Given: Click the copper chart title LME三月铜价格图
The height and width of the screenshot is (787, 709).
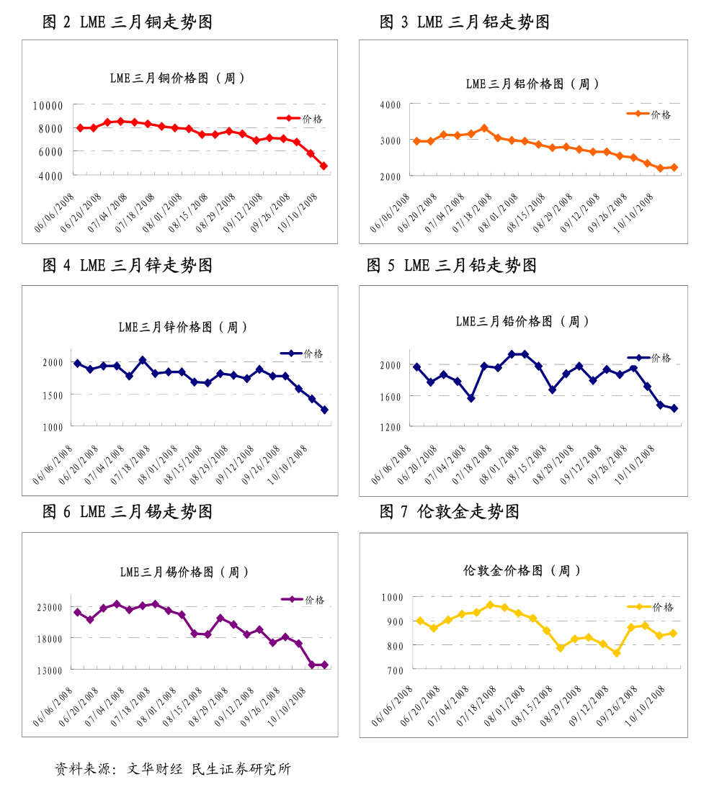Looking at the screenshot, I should (177, 78).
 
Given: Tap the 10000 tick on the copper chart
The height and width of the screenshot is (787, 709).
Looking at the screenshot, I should (48, 105).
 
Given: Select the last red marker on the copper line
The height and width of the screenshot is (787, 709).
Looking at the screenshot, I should (324, 166).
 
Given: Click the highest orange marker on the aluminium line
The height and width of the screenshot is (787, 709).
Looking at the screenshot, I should (484, 128).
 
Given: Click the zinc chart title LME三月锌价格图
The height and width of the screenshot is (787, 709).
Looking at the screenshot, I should (183, 327).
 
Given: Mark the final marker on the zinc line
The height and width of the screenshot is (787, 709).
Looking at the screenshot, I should (324, 410).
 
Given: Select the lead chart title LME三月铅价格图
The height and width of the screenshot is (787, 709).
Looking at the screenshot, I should (522, 321).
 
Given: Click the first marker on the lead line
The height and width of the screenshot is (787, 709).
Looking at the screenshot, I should (416, 367).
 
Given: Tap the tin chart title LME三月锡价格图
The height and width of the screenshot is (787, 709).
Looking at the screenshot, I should (184, 572).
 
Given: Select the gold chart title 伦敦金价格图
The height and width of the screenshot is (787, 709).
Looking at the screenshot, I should (522, 570).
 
